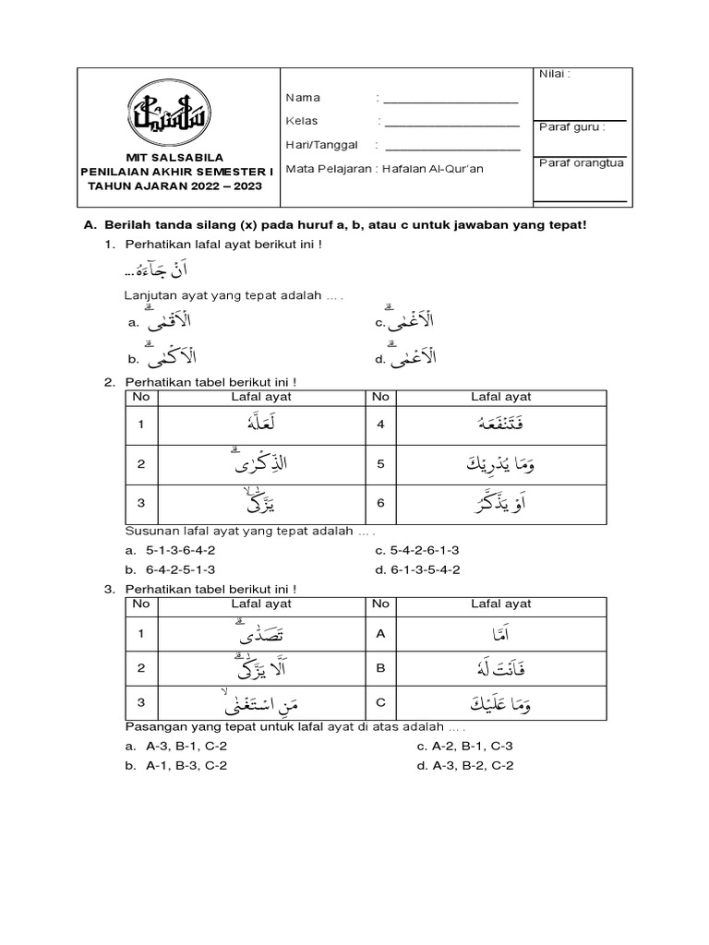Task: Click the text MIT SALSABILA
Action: [x=174, y=157]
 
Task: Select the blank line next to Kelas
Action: [x=451, y=123]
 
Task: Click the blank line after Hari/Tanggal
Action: [x=451, y=146]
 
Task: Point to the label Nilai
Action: [x=556, y=74]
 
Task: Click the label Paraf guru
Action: [x=572, y=128]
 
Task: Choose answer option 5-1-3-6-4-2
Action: [x=181, y=550]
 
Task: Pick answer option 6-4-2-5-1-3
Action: [x=181, y=569]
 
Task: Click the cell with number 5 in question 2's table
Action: [x=379, y=464]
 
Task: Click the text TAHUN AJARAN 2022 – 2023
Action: [x=174, y=185]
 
